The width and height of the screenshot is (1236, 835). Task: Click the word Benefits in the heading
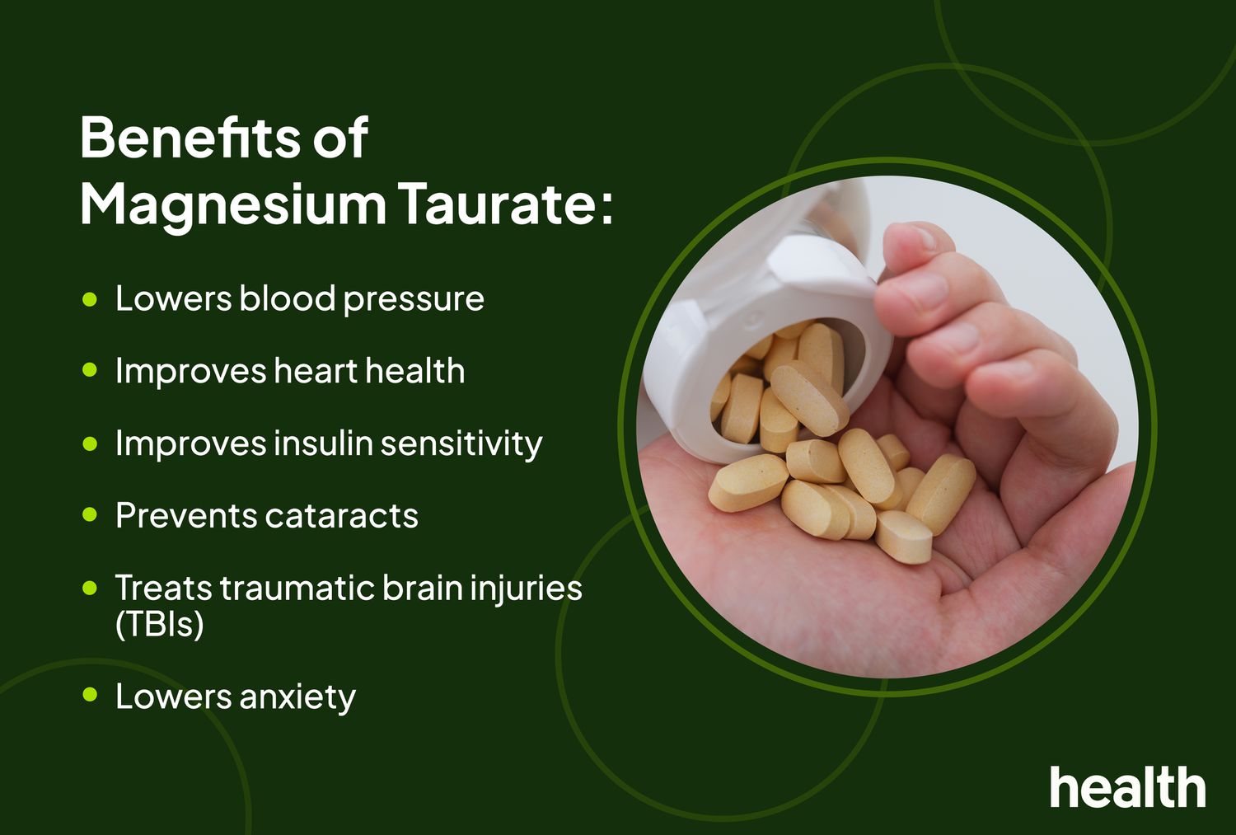[190, 138]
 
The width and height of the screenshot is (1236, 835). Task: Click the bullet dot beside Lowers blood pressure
[90, 298]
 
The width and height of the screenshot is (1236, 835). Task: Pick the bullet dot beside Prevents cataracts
[90, 516]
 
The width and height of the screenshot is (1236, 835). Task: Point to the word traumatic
[302, 589]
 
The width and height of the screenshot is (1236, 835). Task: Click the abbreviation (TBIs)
[159, 624]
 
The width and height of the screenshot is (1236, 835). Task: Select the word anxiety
[297, 697]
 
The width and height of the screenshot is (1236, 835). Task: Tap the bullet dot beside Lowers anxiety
[90, 696]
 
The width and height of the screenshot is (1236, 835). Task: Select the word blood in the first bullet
[288, 298]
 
